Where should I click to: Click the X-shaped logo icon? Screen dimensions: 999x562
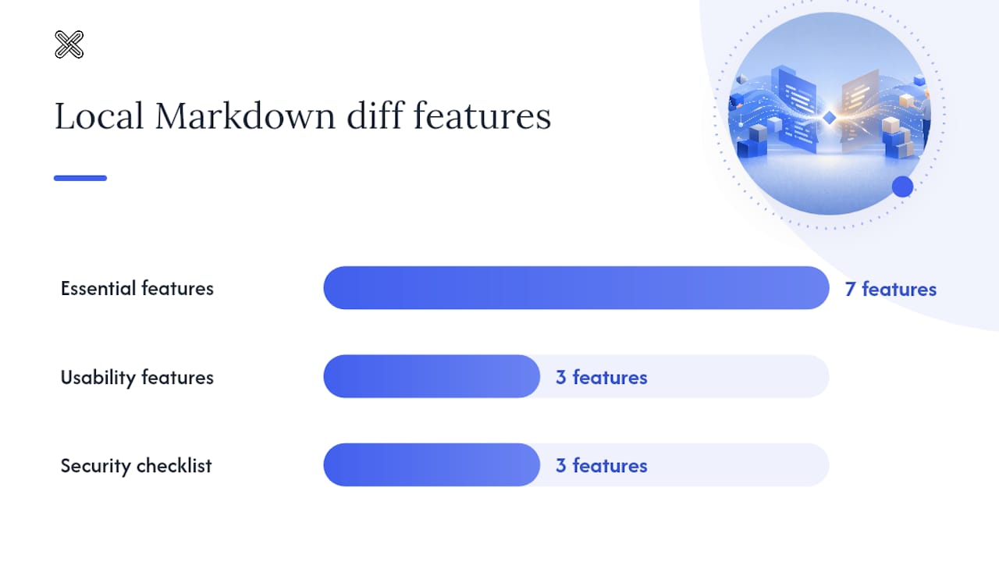click(69, 44)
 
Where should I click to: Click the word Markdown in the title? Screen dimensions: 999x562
click(245, 116)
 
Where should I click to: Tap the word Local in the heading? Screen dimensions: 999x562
click(99, 116)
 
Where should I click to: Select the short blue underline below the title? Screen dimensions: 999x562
click(80, 178)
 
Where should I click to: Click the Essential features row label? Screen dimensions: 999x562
click(137, 288)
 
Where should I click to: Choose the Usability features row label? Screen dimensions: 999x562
click(137, 377)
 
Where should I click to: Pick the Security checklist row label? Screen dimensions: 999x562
click(136, 466)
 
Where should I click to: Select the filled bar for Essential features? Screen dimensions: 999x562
click(576, 288)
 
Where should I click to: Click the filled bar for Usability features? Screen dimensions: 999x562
click(432, 376)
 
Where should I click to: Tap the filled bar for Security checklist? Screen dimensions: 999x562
click(432, 464)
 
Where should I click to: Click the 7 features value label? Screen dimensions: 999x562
click(891, 289)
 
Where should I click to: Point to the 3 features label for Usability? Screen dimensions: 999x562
click(602, 377)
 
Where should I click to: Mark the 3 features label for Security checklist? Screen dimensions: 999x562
click(602, 466)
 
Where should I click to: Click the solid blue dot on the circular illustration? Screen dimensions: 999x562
click(903, 187)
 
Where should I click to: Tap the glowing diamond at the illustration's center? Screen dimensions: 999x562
click(829, 118)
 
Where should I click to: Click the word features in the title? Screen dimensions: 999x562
click(482, 116)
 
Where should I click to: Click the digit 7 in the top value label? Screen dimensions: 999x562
click(850, 289)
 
